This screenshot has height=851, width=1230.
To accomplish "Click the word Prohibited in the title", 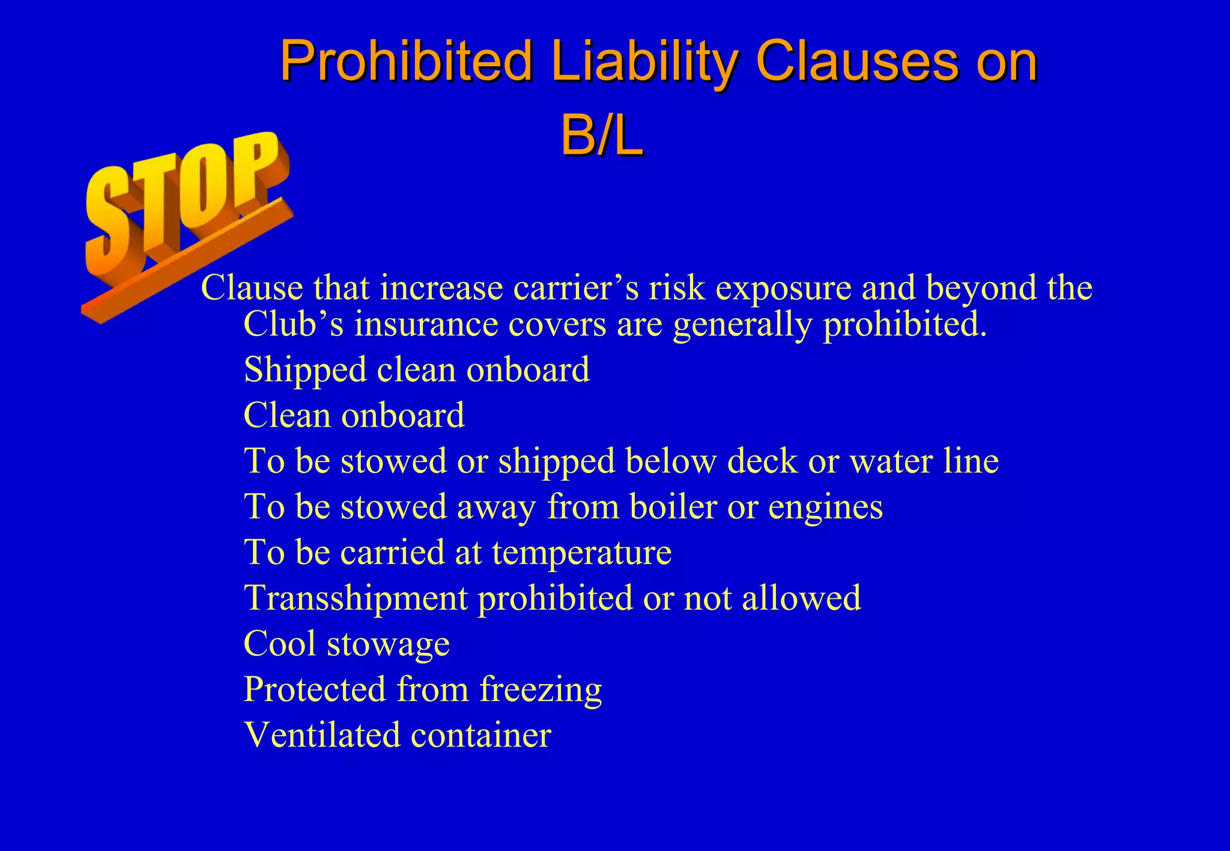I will (x=406, y=61).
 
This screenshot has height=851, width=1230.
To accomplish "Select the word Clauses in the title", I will (x=856, y=61).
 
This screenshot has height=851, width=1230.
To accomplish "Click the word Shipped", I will (x=305, y=370).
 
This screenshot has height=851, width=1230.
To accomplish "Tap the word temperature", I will (x=581, y=552).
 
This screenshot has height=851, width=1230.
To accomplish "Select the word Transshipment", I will (x=356, y=598).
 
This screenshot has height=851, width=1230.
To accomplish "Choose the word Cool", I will (x=280, y=643).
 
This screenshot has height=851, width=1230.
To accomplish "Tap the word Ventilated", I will (x=322, y=735).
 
